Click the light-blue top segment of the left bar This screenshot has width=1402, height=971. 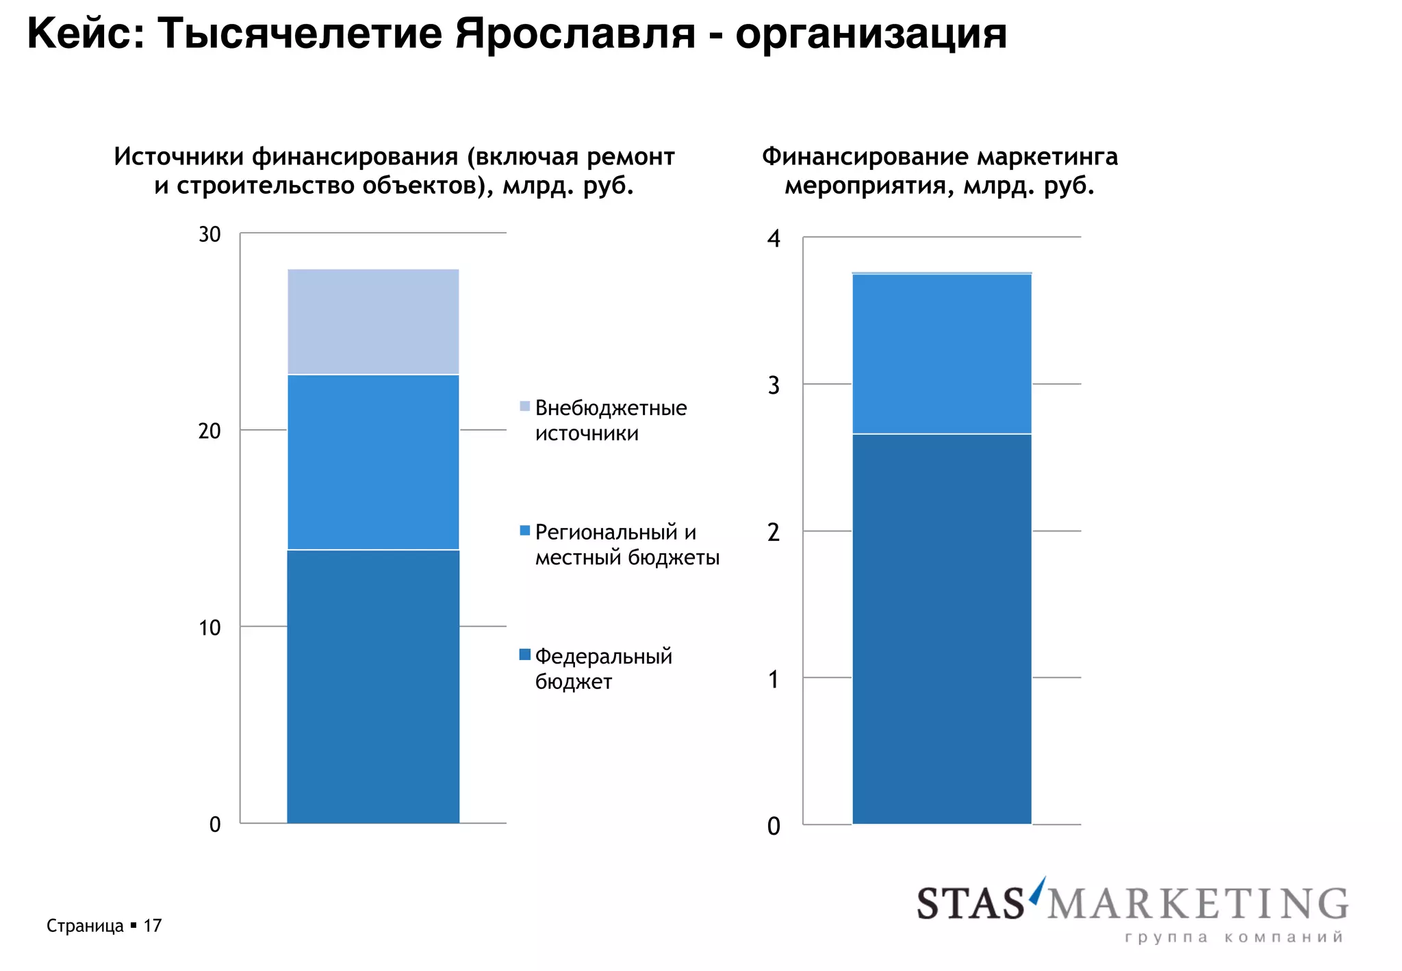373,321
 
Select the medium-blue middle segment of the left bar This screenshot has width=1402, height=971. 373,462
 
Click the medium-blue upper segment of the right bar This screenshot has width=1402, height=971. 941,353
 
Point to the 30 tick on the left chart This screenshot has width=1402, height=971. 209,235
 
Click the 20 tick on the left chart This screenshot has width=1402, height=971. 209,431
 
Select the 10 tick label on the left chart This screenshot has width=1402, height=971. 209,627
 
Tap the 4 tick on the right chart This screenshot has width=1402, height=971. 774,239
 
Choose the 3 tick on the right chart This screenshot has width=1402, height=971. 774,386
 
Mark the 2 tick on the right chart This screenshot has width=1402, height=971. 774,532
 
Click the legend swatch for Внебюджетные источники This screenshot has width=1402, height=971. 525,406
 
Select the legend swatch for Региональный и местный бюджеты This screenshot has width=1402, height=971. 525,531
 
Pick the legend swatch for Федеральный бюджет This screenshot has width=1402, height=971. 525,655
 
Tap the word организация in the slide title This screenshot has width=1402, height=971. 871,34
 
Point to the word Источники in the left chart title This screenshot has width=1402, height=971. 179,157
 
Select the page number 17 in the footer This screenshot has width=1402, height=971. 152,926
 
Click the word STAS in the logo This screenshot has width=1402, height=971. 970,903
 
